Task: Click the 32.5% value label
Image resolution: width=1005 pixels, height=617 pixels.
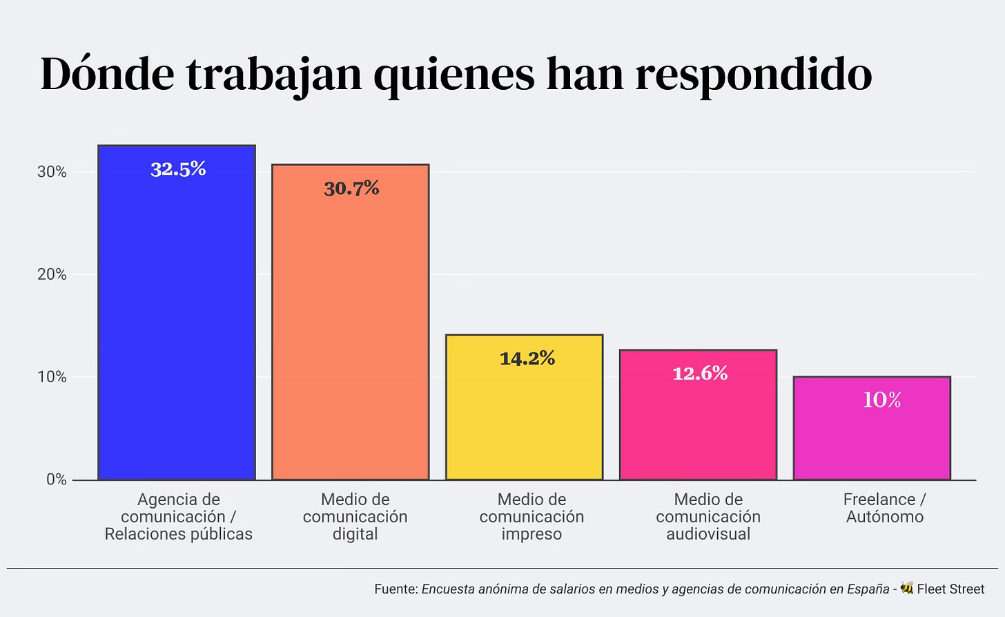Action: [x=178, y=169]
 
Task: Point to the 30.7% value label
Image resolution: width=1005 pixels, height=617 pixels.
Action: [x=351, y=189]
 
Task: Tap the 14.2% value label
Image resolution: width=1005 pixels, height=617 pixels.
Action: [x=527, y=358]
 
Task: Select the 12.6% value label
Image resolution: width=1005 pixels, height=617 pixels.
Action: [x=700, y=374]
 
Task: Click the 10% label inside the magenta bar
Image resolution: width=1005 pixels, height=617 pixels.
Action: [x=882, y=400]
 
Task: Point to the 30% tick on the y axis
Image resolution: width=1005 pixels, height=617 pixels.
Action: [x=52, y=172]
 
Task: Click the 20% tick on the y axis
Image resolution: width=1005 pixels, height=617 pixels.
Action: [x=52, y=275]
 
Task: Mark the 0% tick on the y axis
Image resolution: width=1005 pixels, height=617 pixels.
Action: [x=56, y=480]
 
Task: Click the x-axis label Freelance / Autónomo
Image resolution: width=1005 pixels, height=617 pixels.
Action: [x=884, y=508]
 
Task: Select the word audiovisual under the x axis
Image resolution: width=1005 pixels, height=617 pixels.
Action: [x=708, y=534]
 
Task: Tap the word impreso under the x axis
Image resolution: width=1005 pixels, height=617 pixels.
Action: [x=531, y=534]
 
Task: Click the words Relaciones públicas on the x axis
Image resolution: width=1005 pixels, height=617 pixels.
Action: [x=179, y=534]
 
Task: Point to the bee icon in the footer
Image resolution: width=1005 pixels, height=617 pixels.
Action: [x=907, y=588]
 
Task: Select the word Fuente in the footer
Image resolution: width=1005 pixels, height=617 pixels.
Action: [x=396, y=589]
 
